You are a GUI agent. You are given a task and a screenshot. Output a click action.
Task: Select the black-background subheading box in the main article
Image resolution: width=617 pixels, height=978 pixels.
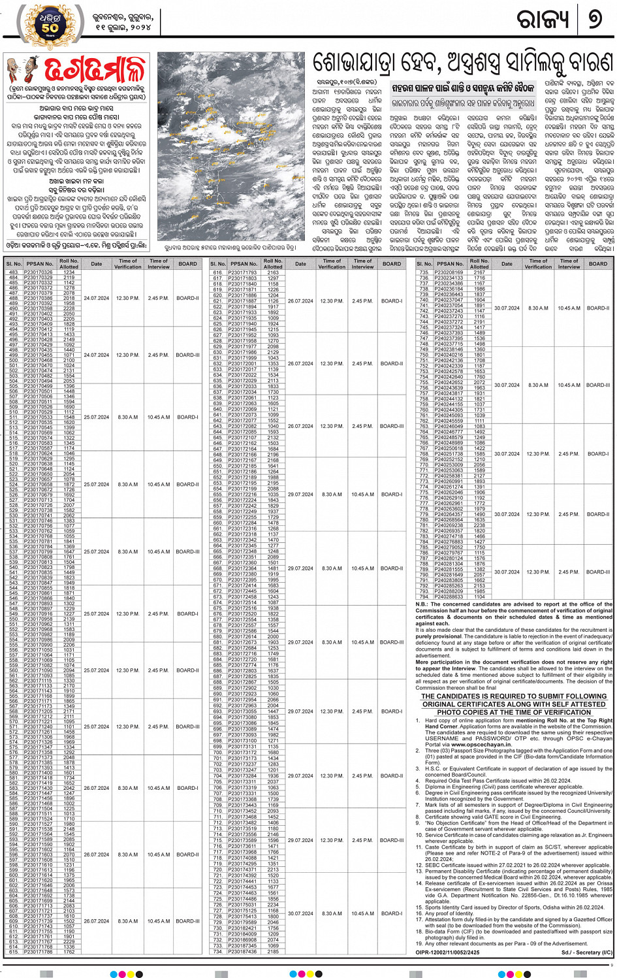click(463, 88)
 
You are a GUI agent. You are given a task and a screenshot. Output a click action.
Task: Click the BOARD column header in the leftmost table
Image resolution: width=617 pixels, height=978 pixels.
click(187, 264)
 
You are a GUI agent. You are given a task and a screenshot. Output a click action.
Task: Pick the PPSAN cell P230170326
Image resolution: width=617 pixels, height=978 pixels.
click(39, 272)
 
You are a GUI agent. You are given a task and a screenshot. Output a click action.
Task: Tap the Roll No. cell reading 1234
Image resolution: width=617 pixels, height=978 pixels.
click(69, 272)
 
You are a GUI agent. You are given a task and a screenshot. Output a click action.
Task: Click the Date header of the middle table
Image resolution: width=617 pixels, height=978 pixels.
click(300, 264)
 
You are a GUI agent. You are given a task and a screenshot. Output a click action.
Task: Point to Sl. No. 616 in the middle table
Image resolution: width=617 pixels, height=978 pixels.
click(217, 272)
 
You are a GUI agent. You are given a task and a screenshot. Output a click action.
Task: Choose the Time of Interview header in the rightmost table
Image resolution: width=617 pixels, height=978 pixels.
click(569, 264)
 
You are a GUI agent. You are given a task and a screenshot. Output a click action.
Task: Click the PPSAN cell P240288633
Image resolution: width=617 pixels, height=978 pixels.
click(450, 596)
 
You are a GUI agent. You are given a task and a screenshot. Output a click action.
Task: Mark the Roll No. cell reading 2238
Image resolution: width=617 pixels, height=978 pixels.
click(479, 525)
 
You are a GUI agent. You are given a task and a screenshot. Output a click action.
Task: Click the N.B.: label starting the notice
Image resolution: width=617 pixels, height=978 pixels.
click(422, 604)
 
